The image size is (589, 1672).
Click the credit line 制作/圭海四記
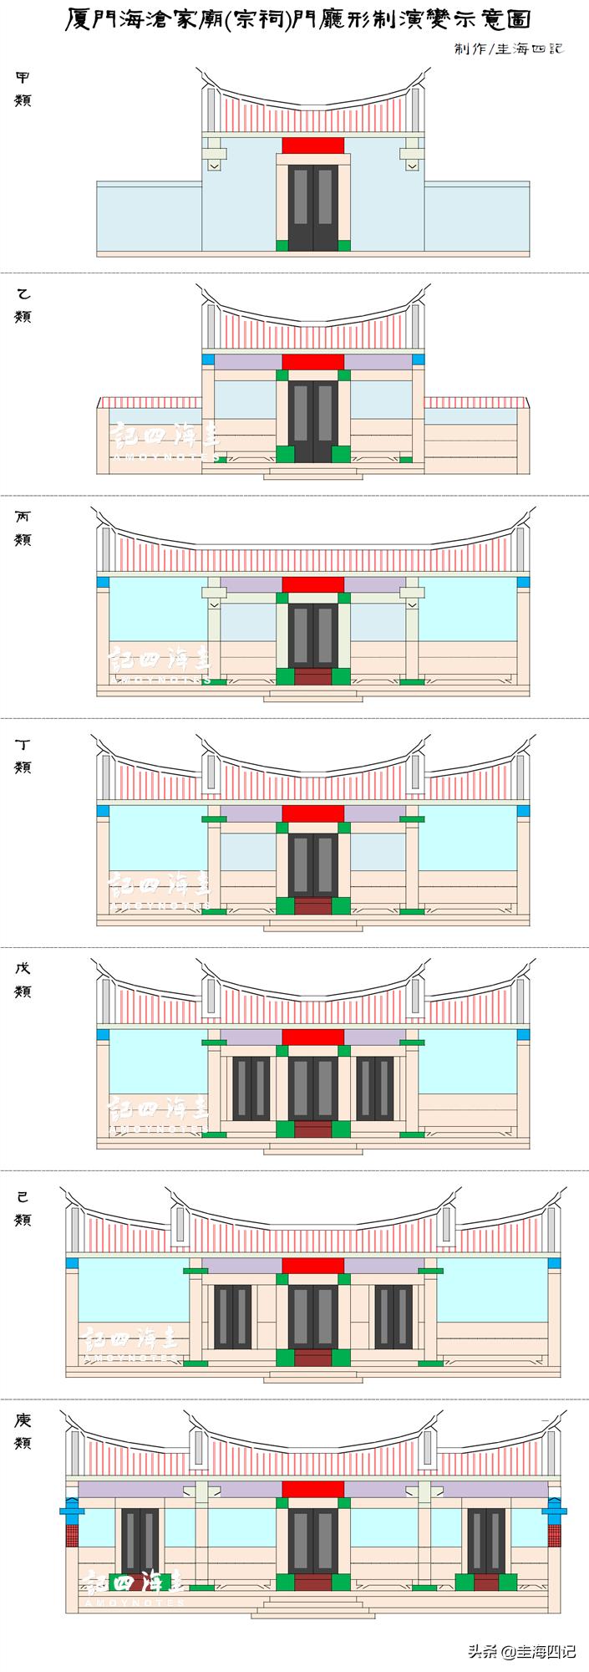pyautogui.click(x=509, y=48)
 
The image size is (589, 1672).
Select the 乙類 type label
pyautogui.click(x=23, y=305)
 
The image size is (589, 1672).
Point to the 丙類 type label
pyautogui.click(x=23, y=528)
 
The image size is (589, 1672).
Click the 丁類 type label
pyautogui.click(x=23, y=756)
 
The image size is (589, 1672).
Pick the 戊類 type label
pyautogui.click(x=23, y=980)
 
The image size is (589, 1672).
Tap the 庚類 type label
pyautogui.click(x=23, y=1432)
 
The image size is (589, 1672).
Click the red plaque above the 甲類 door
pyautogui.click(x=313, y=145)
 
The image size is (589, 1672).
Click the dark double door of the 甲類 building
pyautogui.click(x=313, y=206)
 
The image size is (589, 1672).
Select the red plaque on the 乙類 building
pyautogui.click(x=313, y=362)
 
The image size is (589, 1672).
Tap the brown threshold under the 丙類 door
pyautogui.click(x=313, y=676)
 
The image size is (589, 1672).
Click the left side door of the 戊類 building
pyautogui.click(x=251, y=1088)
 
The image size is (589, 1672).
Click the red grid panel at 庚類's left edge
pyautogui.click(x=72, y=1535)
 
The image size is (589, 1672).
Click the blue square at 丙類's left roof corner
pyautogui.click(x=104, y=582)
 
